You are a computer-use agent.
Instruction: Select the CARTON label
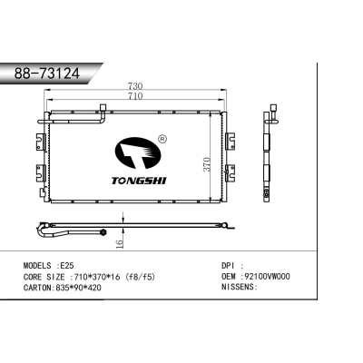[x=39, y=286]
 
